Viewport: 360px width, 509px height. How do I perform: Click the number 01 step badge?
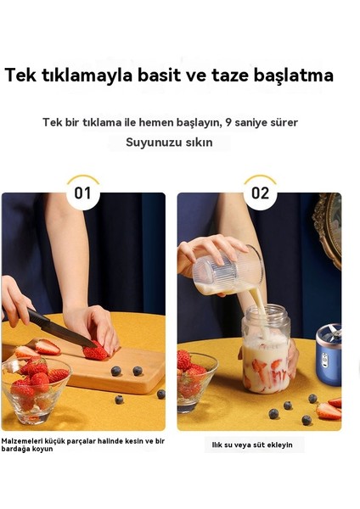pos(82,193)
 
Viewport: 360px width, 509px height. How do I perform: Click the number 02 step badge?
pos(261,193)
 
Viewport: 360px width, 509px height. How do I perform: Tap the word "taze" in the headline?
pos(229,76)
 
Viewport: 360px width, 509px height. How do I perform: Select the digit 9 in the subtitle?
pos(228,123)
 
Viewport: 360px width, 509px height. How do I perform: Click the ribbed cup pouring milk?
pos(228,271)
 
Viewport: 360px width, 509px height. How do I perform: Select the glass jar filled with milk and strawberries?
pos(266,349)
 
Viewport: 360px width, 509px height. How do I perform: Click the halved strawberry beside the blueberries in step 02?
pos(329,411)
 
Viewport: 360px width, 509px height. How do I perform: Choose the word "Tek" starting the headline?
pos(20,76)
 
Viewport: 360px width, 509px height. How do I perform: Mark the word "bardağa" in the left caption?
pos(13,450)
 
